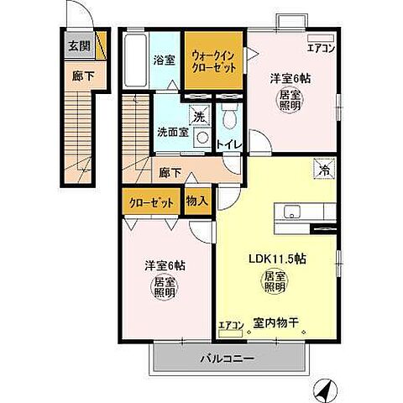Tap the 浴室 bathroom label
163,60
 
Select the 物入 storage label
196,201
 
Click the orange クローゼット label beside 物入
152,202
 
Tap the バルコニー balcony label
227,359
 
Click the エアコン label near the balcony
230,324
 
